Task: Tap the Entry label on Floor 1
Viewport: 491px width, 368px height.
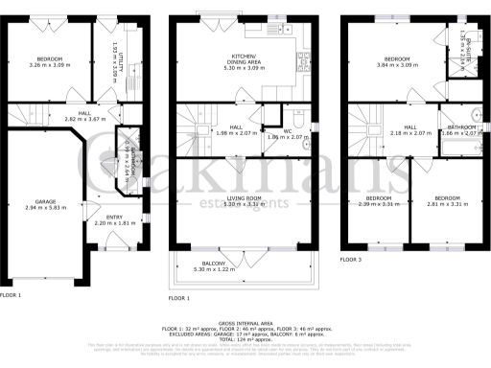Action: point(114,217)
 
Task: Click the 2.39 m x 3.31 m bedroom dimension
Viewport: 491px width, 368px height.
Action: point(377,204)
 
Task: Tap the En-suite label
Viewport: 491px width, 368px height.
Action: point(464,40)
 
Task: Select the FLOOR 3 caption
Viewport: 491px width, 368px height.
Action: point(352,260)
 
